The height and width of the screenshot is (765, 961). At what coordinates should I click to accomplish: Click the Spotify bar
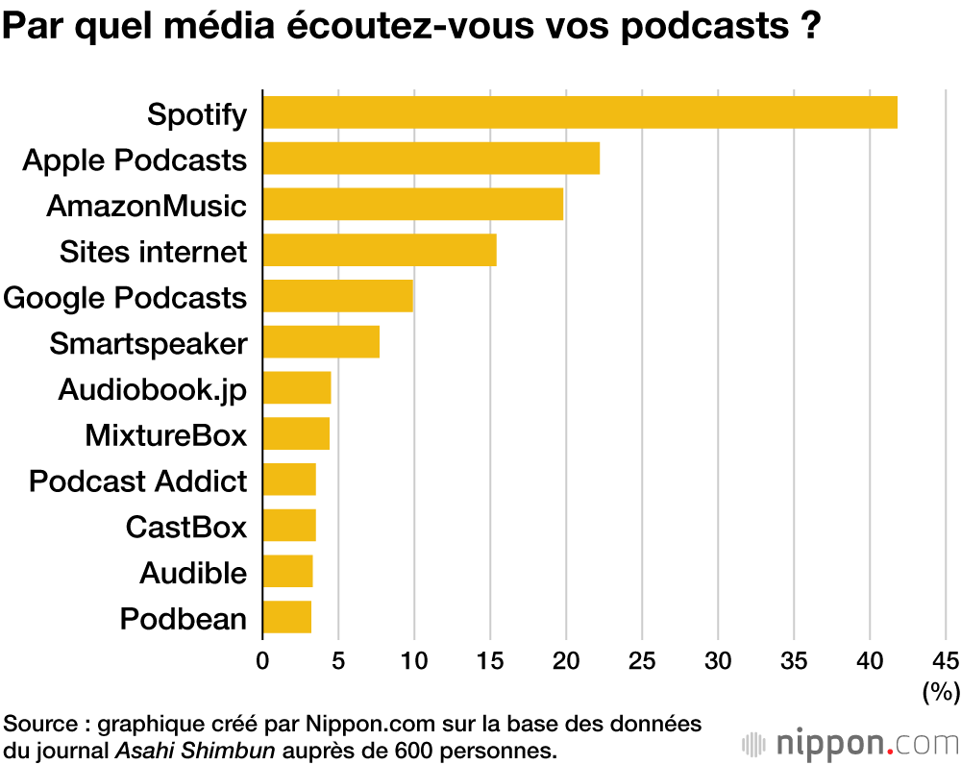(579, 112)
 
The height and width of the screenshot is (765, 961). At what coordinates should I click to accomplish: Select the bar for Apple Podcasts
(431, 159)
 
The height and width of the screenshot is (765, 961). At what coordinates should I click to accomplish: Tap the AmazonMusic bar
(412, 205)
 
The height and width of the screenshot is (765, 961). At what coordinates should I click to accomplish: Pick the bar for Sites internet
(379, 251)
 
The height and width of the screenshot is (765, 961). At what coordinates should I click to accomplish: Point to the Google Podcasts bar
(337, 296)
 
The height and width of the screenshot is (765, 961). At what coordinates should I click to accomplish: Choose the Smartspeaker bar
(320, 342)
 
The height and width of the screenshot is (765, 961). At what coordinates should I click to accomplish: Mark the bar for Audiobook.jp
(296, 388)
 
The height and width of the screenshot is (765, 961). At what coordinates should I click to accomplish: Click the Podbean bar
(286, 618)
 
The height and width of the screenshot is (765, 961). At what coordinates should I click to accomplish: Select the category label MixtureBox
(165, 435)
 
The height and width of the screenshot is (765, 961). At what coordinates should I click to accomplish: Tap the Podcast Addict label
(138, 481)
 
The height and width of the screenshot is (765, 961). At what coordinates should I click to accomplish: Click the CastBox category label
(186, 527)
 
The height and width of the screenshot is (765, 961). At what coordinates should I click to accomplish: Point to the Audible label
(193, 573)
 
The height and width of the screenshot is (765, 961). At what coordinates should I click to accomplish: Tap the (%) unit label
(941, 690)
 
